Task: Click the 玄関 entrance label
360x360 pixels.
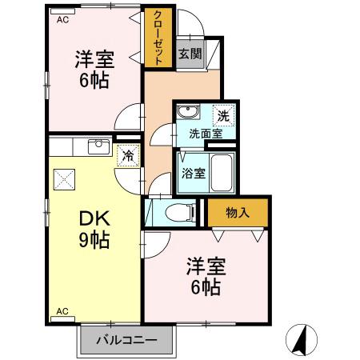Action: coord(190,54)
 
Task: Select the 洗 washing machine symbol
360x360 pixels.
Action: coord(225,115)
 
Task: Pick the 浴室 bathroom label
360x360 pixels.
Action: coord(191,172)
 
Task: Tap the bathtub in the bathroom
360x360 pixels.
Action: coord(222,170)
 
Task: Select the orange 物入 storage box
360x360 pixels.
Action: coord(238,212)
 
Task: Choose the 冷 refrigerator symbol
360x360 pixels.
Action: coord(126,155)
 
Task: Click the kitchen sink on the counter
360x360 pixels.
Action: coord(98,145)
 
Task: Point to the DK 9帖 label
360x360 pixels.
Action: coord(94,229)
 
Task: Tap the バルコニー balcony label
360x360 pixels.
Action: coord(126,341)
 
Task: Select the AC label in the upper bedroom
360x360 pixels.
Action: coord(62,21)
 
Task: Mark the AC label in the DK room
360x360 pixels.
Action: coord(62,311)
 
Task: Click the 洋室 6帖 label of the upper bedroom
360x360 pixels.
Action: coord(94,69)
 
